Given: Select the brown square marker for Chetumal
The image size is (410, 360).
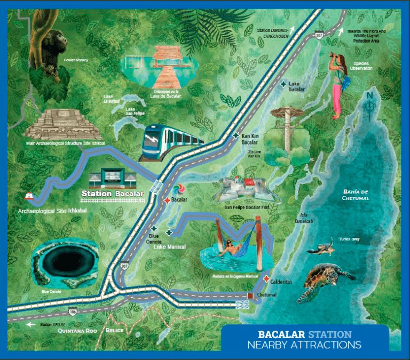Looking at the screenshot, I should coord(249,295).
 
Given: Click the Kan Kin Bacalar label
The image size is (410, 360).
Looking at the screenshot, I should coord(250,140).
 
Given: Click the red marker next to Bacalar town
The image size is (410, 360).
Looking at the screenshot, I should coord(167,200).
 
